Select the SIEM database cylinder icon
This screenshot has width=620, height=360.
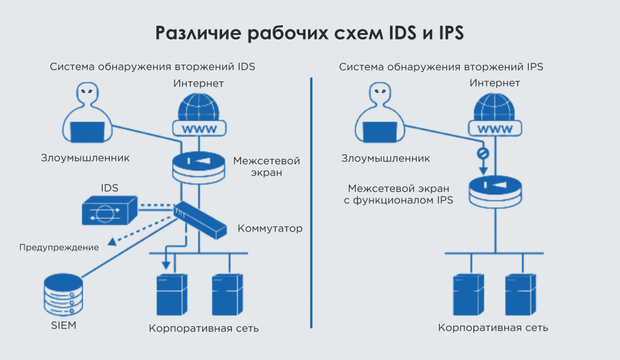(x=63, y=294)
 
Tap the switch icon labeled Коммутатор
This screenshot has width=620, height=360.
(x=200, y=218)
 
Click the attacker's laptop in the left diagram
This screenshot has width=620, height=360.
(x=87, y=132)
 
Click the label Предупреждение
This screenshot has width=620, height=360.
(x=59, y=248)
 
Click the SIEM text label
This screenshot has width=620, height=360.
(x=63, y=326)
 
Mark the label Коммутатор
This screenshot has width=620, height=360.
(x=270, y=228)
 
